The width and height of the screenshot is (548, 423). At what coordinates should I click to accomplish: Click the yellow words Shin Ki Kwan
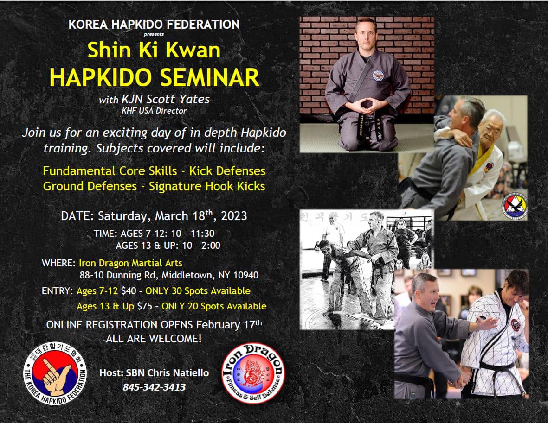pyautogui.click(x=154, y=50)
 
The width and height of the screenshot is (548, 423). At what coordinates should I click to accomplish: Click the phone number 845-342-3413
pyautogui.click(x=154, y=387)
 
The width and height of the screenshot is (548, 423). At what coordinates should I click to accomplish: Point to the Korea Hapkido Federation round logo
pyautogui.click(x=55, y=373)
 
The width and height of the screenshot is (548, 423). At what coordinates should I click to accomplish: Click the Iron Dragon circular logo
pyautogui.click(x=253, y=373)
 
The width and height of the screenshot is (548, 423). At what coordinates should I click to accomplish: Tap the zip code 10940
pyautogui.click(x=245, y=275)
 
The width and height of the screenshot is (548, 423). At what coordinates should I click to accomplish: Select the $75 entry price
pyautogui.click(x=145, y=306)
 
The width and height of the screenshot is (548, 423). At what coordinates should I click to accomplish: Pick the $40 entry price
pyautogui.click(x=129, y=290)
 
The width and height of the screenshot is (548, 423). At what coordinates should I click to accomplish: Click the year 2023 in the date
pyautogui.click(x=234, y=216)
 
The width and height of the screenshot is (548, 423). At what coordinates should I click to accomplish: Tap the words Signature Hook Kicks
pyautogui.click(x=207, y=186)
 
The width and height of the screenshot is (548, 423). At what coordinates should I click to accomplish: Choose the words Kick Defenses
pyautogui.click(x=227, y=170)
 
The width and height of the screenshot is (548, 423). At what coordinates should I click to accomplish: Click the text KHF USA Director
pyautogui.click(x=154, y=111)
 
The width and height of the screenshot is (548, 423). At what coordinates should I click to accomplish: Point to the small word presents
pyautogui.click(x=154, y=34)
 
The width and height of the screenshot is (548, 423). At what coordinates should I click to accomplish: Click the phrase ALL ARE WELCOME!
pyautogui.click(x=154, y=339)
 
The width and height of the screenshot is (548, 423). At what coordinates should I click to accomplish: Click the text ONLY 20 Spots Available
pyautogui.click(x=214, y=306)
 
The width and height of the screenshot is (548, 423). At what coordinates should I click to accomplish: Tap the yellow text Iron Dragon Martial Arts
pyautogui.click(x=130, y=263)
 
